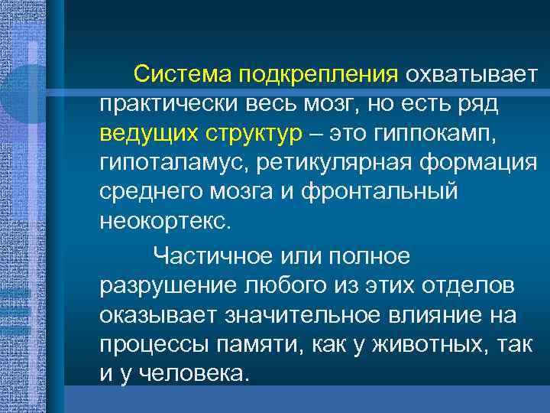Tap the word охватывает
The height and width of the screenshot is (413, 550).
472,76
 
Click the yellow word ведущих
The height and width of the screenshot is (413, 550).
145,133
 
